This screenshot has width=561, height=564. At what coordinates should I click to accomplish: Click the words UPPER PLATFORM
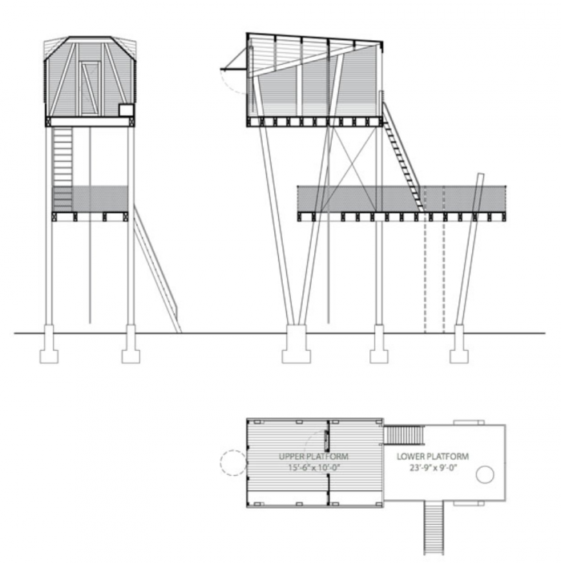tap(313, 457)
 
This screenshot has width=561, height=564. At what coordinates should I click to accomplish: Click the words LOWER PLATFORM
tap(433, 457)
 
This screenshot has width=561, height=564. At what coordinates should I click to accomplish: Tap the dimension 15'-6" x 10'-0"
tap(314, 468)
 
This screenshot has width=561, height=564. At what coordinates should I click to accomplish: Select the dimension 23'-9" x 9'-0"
tap(433, 468)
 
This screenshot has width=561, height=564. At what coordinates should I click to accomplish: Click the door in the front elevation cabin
tap(90, 88)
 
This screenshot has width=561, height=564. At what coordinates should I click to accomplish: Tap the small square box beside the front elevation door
tap(126, 110)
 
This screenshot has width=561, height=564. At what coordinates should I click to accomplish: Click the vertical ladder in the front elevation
tap(63, 169)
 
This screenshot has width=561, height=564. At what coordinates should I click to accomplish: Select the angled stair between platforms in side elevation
tap(403, 157)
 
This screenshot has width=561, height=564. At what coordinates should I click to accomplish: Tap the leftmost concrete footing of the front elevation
tap(49, 344)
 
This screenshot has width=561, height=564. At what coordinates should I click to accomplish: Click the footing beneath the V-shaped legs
tap(297, 344)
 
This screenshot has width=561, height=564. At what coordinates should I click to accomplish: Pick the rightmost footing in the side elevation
tap(459, 344)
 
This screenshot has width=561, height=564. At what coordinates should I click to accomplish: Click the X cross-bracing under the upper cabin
tap(353, 168)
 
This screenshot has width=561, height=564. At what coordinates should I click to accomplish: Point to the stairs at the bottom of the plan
tap(434, 528)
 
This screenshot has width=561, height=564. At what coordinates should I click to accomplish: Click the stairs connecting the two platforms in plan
tap(404, 434)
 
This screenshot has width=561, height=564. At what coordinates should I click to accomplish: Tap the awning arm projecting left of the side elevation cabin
tap(233, 58)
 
